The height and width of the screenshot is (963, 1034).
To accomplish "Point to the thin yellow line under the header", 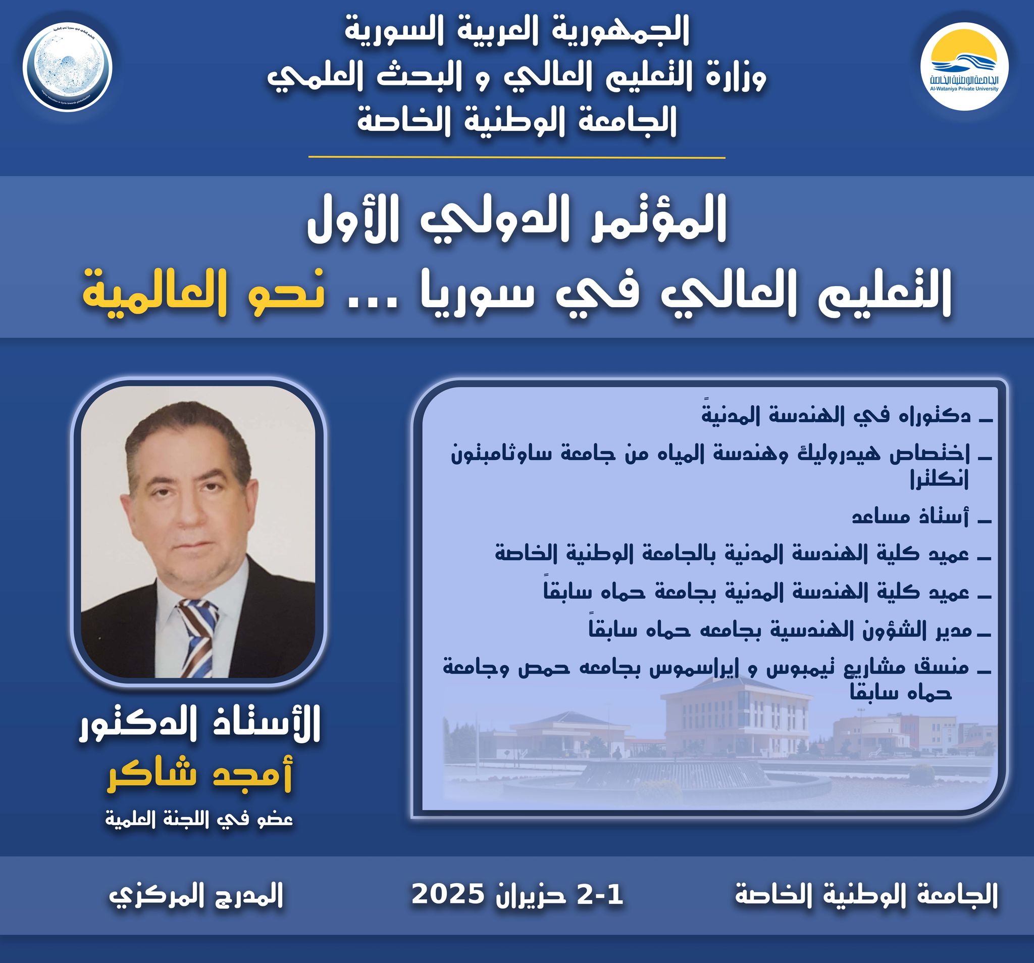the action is [x=516, y=157].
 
